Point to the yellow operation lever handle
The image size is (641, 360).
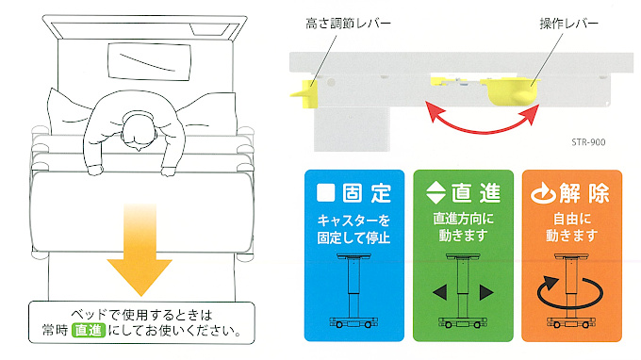pos(512,90)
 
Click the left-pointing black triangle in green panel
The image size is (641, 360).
pos(439,292)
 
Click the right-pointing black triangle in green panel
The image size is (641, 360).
pos(487,292)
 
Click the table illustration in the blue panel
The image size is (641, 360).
pos(354,292)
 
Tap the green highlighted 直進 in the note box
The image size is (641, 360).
pos(81,332)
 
